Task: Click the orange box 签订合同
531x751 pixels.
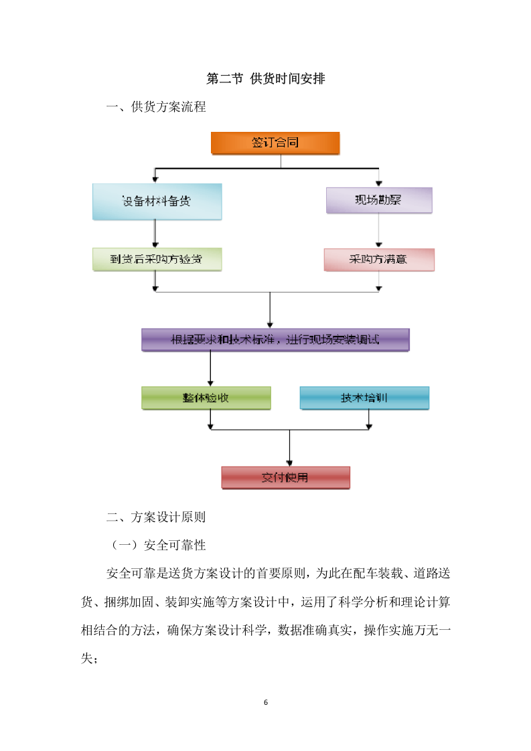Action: click(x=275, y=143)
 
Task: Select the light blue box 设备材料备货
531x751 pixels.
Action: click(x=157, y=201)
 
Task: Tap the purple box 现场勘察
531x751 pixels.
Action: click(x=379, y=200)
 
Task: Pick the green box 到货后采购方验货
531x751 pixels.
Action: click(x=157, y=259)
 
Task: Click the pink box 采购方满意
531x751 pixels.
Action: click(x=379, y=259)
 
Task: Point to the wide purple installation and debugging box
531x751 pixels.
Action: click(x=275, y=339)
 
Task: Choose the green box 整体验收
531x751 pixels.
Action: click(x=206, y=398)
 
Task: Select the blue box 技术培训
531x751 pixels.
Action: click(x=364, y=398)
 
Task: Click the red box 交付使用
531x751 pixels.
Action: click(x=285, y=477)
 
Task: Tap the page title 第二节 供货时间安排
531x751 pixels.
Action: click(x=266, y=79)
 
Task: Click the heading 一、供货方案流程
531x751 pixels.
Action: click(x=157, y=107)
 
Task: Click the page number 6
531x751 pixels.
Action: click(x=266, y=702)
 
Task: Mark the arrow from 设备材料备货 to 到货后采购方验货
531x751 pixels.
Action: click(x=155, y=234)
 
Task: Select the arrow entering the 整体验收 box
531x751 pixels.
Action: click(x=210, y=369)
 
